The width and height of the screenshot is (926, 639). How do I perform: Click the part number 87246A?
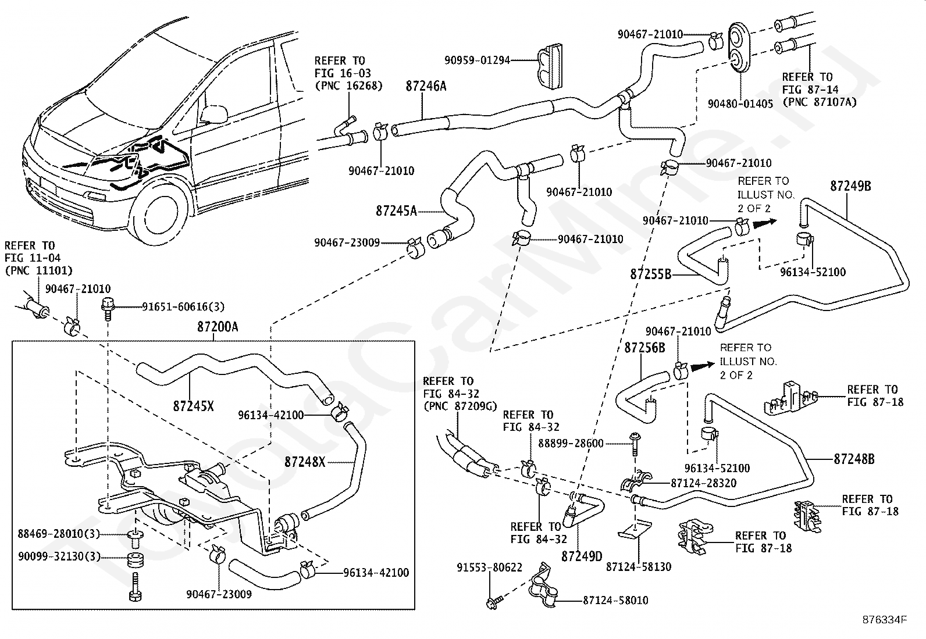point(426,86)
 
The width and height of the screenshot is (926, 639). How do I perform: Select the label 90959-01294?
point(477,59)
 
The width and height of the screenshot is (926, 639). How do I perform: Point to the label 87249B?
point(850,186)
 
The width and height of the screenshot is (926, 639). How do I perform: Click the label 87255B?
point(650,273)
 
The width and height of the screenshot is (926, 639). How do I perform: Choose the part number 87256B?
point(644,347)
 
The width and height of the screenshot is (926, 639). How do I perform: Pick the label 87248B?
point(854,459)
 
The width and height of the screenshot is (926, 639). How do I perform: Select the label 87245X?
point(193,406)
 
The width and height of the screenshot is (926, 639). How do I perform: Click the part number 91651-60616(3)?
point(183,306)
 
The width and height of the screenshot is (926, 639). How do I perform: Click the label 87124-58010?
point(615,600)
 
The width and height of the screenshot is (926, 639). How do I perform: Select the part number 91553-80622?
point(489,567)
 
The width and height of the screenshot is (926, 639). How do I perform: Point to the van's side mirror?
point(213,113)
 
